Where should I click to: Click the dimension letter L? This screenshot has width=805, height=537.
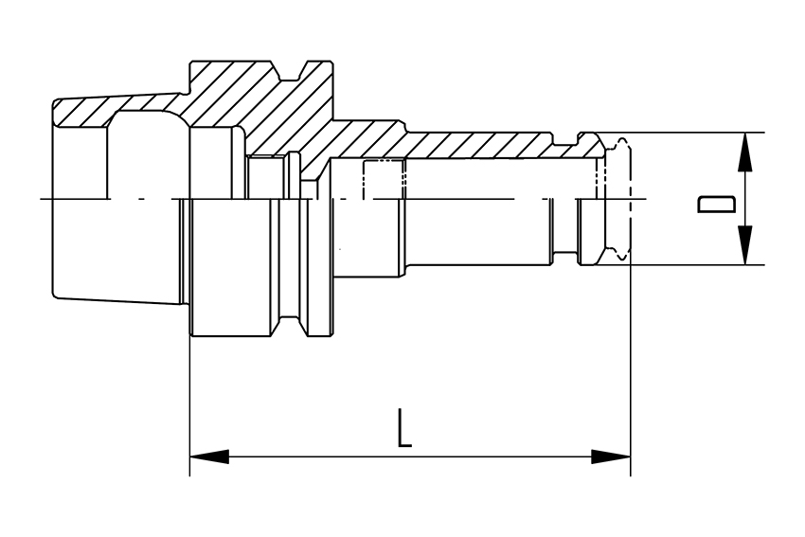click(x=404, y=428)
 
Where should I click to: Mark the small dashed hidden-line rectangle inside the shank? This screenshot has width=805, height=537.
click(x=385, y=179)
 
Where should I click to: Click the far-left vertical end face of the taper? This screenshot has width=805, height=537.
click(x=53, y=199)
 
